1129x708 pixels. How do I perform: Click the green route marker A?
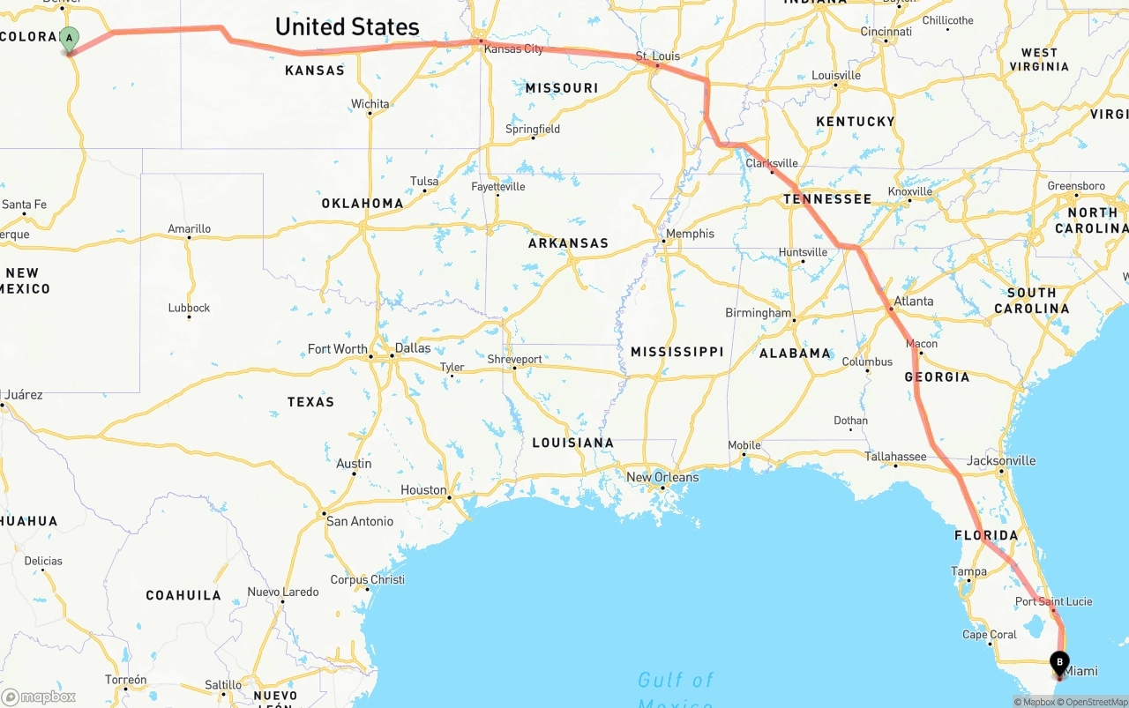[69, 39]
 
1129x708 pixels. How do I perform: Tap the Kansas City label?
[514, 49]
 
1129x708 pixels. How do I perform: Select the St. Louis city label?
[658, 56]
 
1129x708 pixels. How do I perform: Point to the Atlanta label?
[914, 302]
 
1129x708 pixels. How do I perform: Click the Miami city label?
[1081, 672]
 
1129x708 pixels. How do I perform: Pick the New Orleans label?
[662, 478]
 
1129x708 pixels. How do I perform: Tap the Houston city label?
[423, 490]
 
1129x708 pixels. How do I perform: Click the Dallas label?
[413, 348]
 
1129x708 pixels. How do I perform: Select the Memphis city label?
[690, 234]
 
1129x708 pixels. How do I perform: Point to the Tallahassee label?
[895, 457]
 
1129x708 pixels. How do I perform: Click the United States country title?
[348, 27]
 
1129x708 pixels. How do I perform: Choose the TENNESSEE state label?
[827, 199]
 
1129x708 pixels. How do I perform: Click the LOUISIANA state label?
[572, 443]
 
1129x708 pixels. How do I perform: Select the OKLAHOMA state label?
[363, 204]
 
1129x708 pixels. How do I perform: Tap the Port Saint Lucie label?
[1053, 602]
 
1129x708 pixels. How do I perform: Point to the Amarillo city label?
[190, 229]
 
